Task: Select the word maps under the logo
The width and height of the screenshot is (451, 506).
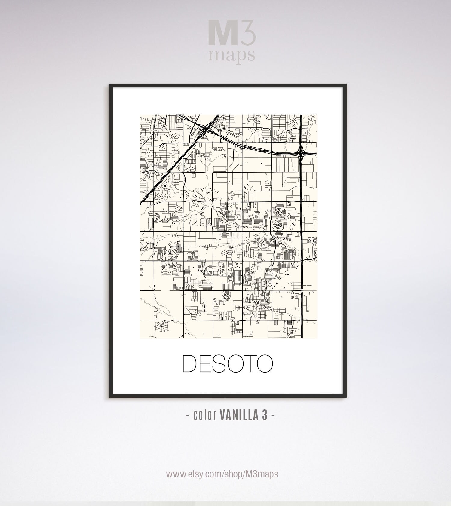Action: (232, 54)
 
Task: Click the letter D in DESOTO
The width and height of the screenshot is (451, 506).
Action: (190, 363)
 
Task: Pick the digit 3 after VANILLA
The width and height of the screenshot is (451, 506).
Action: (265, 416)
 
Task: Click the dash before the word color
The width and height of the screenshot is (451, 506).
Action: (188, 416)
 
